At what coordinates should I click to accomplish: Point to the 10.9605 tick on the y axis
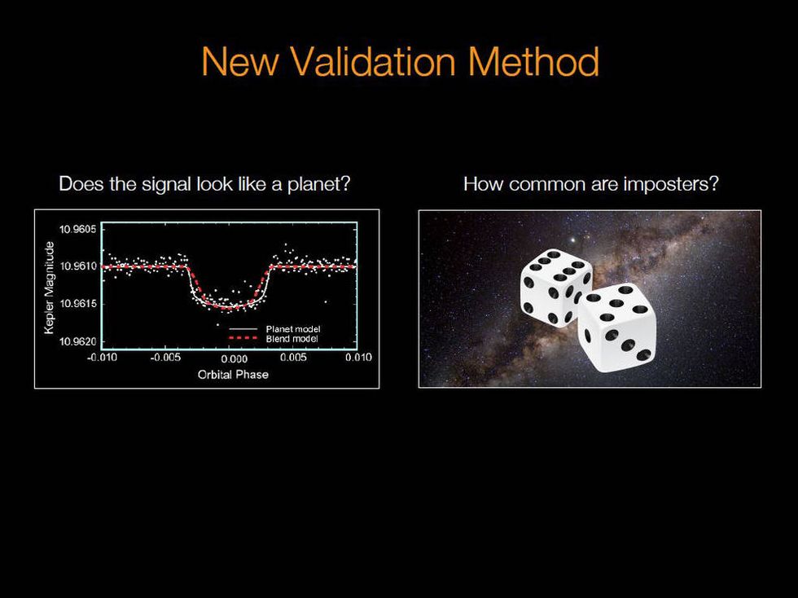tap(77, 229)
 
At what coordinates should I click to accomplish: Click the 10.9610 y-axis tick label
tap(77, 266)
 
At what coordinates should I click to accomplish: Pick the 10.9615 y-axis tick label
tap(77, 304)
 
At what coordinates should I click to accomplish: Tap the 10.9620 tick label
tap(77, 341)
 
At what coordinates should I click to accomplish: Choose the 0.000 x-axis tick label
tap(233, 358)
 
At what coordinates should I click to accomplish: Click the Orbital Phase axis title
tap(233, 374)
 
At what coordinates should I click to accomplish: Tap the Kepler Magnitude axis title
tap(50, 287)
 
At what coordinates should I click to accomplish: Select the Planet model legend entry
tap(292, 328)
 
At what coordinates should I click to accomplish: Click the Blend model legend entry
tap(292, 338)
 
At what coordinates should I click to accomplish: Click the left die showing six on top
tap(556, 287)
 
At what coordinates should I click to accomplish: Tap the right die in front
tap(617, 328)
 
